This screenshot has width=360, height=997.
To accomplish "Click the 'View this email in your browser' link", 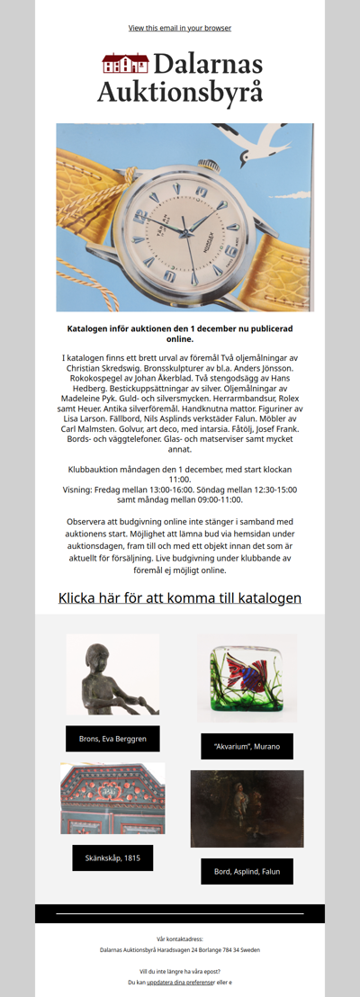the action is coord(180,28).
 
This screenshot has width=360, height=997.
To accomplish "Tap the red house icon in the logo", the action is coord(125,64).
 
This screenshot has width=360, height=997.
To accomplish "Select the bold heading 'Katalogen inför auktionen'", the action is coord(180,334).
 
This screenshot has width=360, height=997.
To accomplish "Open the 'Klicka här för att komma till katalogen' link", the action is coord(180,597).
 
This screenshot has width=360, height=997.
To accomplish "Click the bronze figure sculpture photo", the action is coord(112,674).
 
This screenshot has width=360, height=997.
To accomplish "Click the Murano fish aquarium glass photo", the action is coord(247,678).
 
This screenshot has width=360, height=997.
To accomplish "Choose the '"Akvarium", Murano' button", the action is coord(247,746).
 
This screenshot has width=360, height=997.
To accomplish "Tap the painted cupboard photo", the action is coord(112,798).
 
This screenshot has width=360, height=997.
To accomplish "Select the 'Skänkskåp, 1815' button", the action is coord(112,858).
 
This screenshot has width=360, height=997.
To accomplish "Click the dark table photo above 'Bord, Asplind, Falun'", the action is coord(247,808).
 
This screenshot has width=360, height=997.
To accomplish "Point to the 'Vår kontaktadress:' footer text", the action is coord(180,939).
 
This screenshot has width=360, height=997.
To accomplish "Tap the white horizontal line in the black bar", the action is coord(180,913).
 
